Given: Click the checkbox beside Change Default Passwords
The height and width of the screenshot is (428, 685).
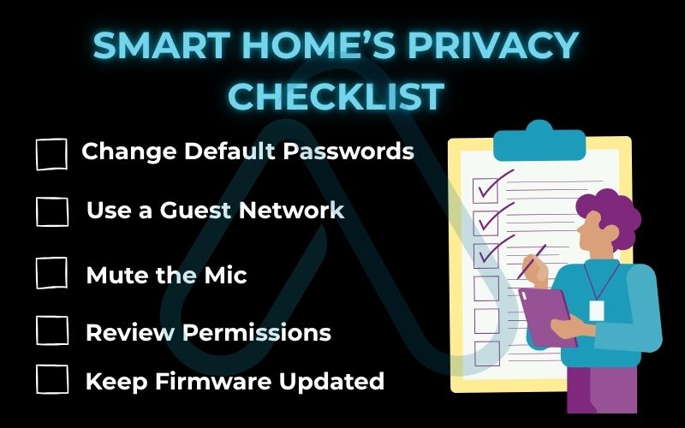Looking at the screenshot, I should coord(51,154).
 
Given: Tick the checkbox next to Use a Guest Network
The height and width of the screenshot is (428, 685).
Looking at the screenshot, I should coord(51,211).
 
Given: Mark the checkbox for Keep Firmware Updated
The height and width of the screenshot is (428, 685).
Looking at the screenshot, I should coord(51,379).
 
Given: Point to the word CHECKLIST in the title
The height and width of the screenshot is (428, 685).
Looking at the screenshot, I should coord(336,96).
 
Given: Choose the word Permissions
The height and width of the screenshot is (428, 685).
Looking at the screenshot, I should coord(265,332).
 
